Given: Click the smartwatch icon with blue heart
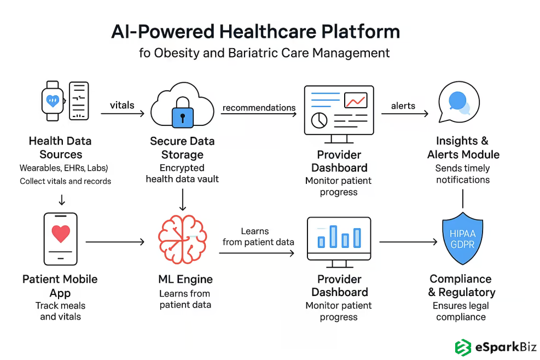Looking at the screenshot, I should point(53,101).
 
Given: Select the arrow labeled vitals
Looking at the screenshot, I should point(123,113).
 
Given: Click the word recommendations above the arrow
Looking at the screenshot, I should point(259,107).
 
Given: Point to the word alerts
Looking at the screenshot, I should point(403,106).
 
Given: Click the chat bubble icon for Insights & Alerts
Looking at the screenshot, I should point(459,103).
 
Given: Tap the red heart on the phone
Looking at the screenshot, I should point(61,234).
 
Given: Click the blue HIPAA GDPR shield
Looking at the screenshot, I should point(462,239).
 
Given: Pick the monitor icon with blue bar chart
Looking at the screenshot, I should point(339,239).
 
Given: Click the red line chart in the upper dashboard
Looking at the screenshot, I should point(356,100).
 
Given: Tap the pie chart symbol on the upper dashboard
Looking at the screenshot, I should point(318,119).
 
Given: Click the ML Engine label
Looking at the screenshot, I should point(185,279).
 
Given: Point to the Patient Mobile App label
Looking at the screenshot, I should point(60,286).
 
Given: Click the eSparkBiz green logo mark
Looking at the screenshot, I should point(463,347).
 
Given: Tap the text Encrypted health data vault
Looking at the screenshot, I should point(182,173).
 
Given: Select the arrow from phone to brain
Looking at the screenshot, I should point(115,241).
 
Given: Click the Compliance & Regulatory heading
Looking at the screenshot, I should point(461,286).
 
